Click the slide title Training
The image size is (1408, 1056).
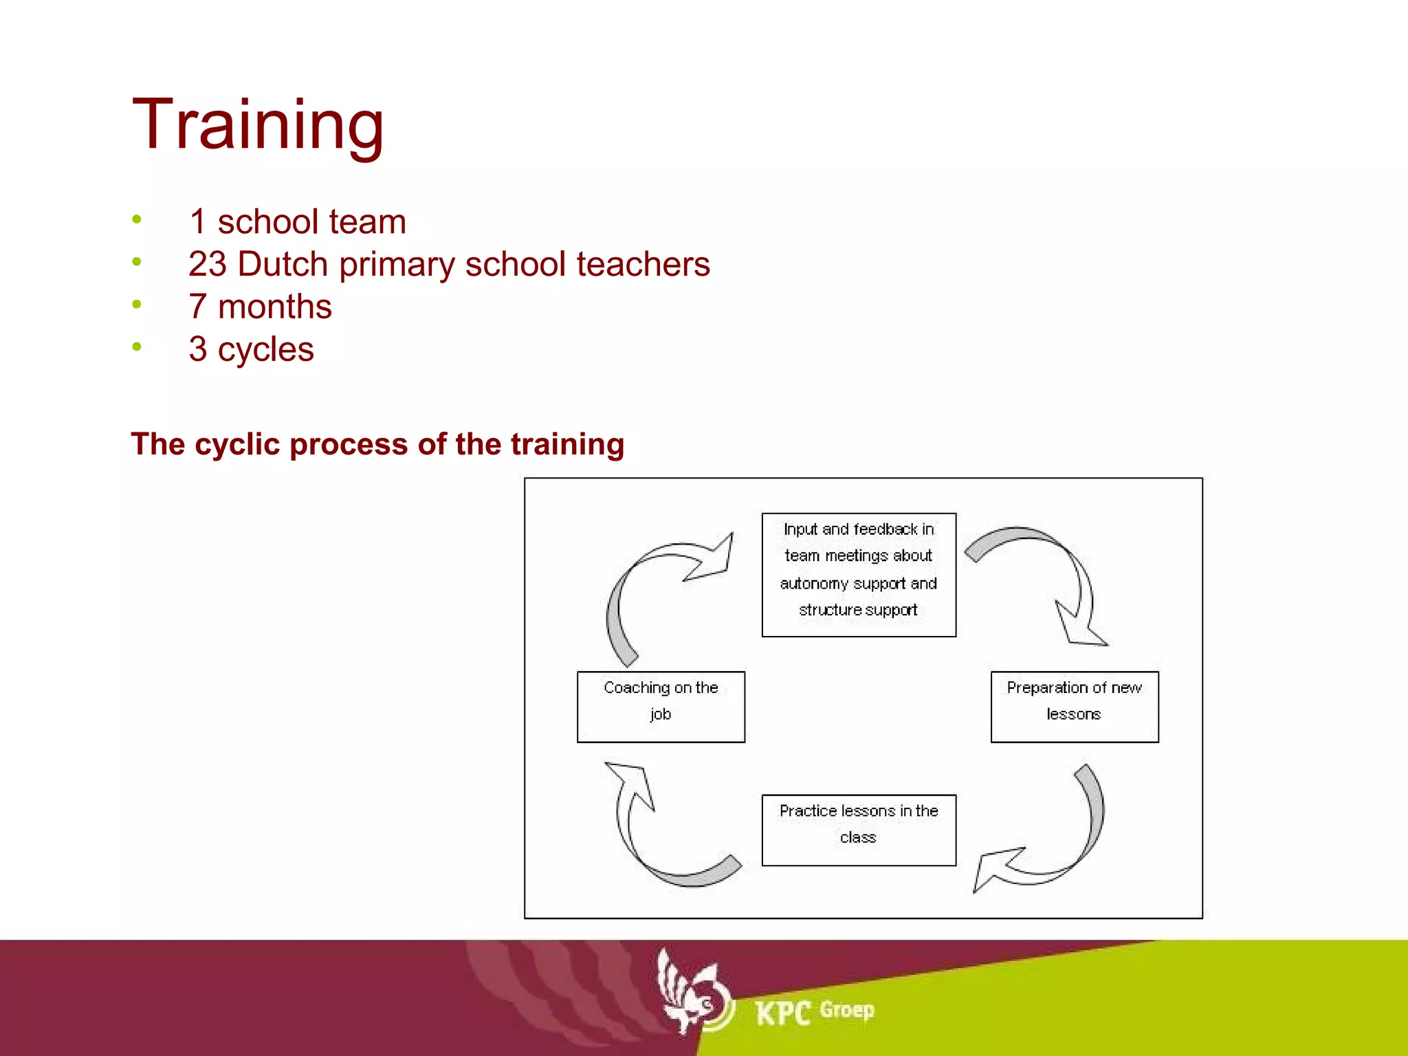coord(258,125)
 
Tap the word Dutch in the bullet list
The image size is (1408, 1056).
coord(282,264)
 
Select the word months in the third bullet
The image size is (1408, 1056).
coord(274,307)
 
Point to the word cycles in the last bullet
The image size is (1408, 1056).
coord(265,350)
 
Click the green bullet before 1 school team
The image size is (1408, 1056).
coord(137,219)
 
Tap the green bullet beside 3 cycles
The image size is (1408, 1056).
coord(137,346)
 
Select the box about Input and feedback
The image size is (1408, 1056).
coord(858,574)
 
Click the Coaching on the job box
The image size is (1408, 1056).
coord(660,706)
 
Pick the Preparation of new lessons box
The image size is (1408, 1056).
coord(1074,706)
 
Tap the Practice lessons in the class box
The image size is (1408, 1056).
coord(858,829)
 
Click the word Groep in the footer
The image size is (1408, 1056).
coord(846,1010)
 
